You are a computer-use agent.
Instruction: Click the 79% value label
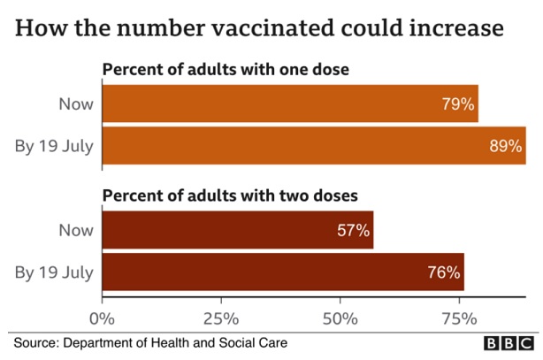click(458, 104)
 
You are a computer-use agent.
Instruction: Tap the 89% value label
click(506, 146)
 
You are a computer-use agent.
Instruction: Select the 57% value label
click(354, 231)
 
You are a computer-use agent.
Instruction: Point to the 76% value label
click(444, 272)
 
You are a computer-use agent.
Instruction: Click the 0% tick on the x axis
click(103, 317)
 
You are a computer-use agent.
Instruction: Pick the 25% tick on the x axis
click(221, 317)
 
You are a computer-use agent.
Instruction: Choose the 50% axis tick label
click(340, 317)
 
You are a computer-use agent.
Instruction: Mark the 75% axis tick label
click(460, 317)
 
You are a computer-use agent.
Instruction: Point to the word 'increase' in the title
click(460, 27)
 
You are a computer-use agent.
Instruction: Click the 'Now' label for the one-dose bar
click(76, 104)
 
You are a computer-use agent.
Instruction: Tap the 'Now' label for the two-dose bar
click(76, 231)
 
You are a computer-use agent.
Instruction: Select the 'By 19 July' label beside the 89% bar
click(55, 146)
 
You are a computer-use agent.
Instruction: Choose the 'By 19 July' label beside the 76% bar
click(55, 272)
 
